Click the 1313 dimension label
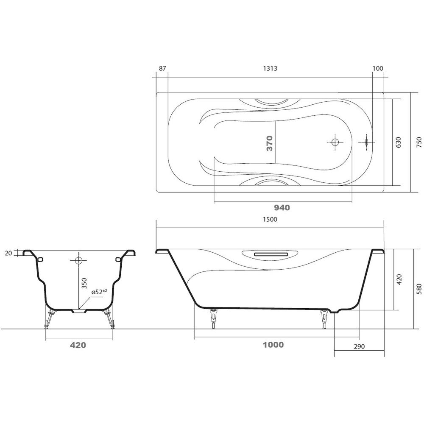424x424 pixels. click(x=270, y=68)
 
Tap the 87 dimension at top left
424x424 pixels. click(x=162, y=68)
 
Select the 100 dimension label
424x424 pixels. click(x=378, y=68)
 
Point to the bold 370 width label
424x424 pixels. click(x=269, y=143)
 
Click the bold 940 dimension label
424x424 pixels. click(x=282, y=208)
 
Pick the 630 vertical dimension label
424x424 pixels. click(x=398, y=142)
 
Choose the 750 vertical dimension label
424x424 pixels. click(x=419, y=142)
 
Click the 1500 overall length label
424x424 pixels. click(x=270, y=219)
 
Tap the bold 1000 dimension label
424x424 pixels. click(x=273, y=345)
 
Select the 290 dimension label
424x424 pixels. click(x=359, y=346)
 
